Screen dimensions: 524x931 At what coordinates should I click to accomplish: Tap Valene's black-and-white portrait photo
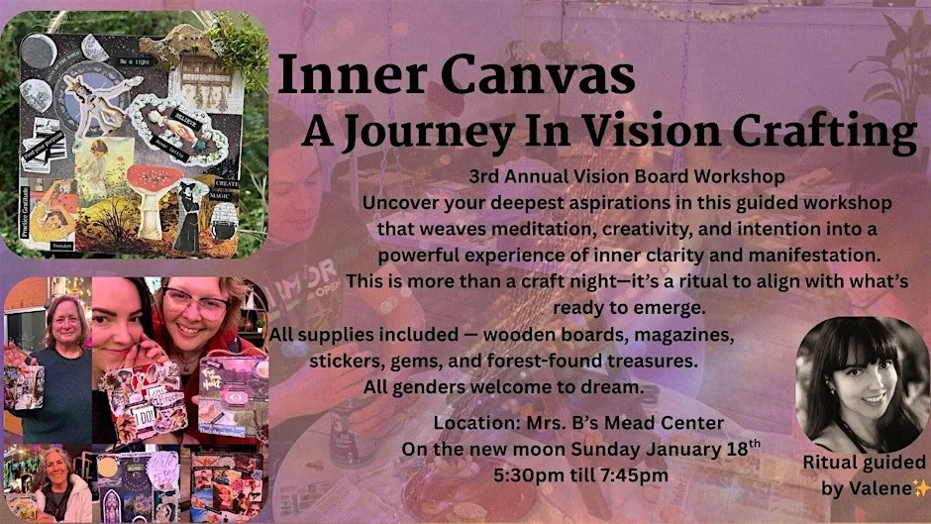point(859,382)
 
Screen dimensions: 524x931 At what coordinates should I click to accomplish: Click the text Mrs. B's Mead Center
point(615,424)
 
